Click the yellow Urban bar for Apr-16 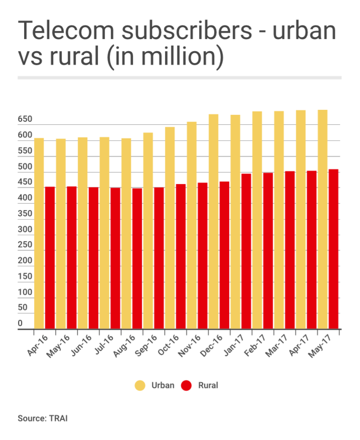coord(39,233)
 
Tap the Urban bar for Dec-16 coord(214,221)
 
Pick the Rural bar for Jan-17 coord(246,251)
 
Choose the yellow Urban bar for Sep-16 coord(148,231)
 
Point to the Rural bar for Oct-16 coord(181,256)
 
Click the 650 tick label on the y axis coord(25,120)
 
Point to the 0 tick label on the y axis coord(21,324)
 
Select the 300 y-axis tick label coord(25,229)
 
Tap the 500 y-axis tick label coord(25,167)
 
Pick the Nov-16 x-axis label coord(194,346)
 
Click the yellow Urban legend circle coord(140,385)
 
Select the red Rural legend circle coord(187,385)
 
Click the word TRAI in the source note coord(58,418)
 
